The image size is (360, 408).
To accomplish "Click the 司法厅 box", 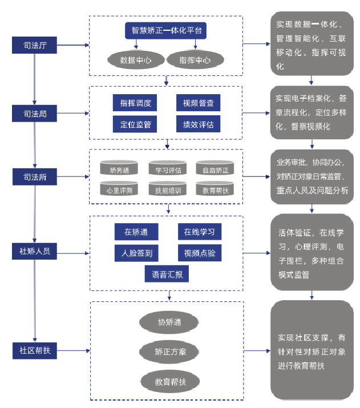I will pos(35,45).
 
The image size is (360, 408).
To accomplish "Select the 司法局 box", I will pos(35,113).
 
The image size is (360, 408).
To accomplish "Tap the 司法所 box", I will pos(35,177).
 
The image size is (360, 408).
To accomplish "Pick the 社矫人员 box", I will pos(35,251).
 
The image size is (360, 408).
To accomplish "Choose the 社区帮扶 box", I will pos(35,350).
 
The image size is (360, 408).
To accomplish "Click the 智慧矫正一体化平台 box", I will pos(165,30).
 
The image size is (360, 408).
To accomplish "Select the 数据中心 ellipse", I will pos(135,59).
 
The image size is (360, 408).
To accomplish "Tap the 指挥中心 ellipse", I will pos(195,59).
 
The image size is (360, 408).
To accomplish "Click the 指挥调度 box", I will pos(135,103).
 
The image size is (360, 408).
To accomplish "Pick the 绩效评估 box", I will pos(198,124).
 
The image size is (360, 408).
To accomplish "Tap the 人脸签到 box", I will pos(136,253).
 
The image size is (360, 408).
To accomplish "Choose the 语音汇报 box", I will pos(167,274).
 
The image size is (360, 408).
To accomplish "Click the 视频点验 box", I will pos(199,253).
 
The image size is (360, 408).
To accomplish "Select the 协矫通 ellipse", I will pos(169,322).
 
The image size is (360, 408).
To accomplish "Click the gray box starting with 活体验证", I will pos(312,253).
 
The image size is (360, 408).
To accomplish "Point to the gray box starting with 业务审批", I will pos(312,176).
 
